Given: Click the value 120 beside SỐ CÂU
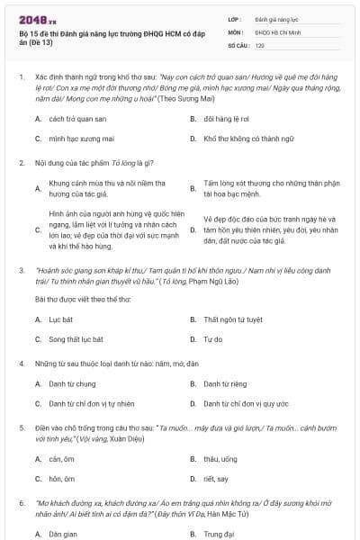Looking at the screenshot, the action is (259, 44).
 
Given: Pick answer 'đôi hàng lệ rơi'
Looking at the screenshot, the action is (225, 118).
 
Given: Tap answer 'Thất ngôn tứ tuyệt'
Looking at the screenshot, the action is (232, 319).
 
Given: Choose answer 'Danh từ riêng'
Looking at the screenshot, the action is (223, 383).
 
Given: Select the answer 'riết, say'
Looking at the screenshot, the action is (216, 479).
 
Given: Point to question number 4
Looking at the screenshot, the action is (22, 363).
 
